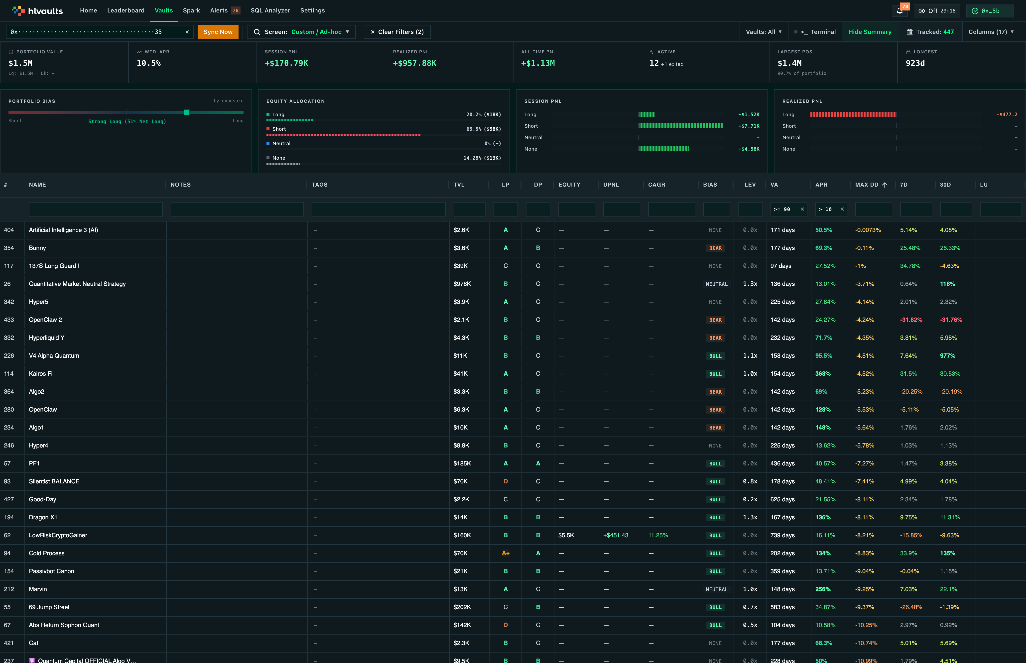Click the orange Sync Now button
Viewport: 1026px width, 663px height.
point(218,32)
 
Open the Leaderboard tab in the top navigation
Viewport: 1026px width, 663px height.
point(126,10)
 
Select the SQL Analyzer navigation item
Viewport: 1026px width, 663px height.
point(270,10)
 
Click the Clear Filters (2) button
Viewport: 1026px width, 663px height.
point(397,32)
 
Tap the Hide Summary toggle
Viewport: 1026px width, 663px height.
point(870,32)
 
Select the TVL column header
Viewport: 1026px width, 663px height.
point(459,185)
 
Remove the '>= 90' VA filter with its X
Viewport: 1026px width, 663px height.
point(802,209)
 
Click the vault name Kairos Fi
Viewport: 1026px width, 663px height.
point(40,374)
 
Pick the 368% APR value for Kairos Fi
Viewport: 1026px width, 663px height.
point(823,374)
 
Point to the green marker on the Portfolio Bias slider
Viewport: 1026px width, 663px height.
point(186,112)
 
